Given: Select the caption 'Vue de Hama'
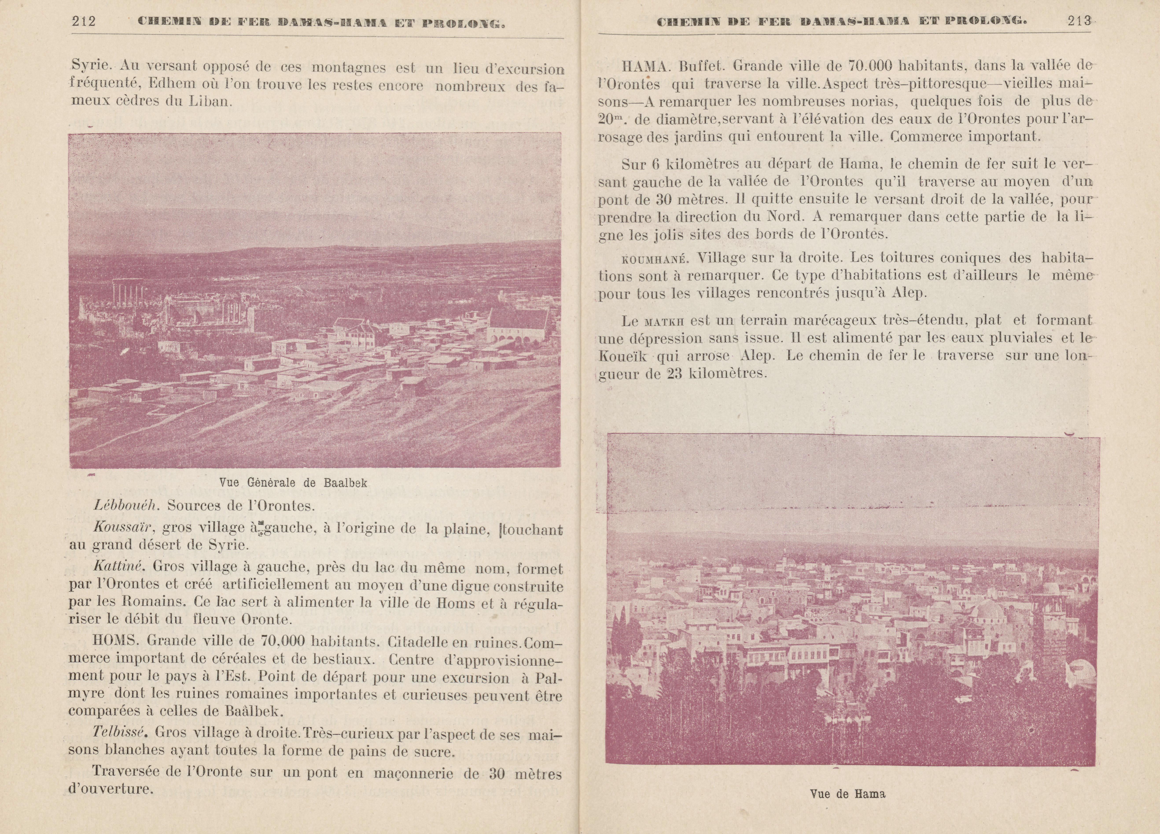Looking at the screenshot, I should [x=847, y=794].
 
